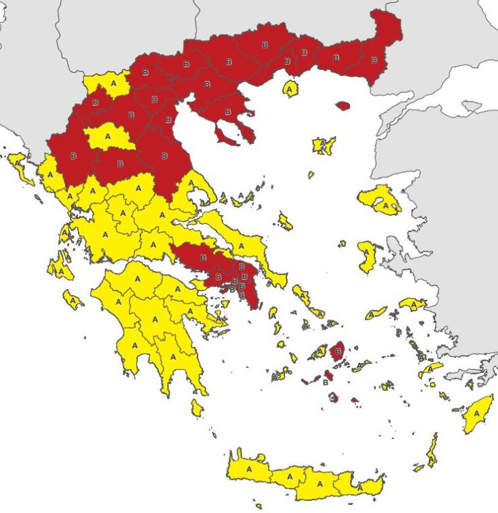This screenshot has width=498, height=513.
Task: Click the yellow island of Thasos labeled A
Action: coord(291,88)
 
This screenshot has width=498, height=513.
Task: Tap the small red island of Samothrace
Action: coord(343,106)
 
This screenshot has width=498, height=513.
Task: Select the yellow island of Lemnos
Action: coord(324,145)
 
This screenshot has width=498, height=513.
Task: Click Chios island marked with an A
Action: coord(367,256)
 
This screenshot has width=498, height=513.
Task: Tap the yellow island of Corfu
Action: coord(18,165)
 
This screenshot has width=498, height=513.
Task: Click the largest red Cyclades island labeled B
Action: coord(337,351)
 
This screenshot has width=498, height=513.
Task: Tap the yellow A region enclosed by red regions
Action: coord(110,136)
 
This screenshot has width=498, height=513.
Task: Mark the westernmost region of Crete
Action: coord(247,468)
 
